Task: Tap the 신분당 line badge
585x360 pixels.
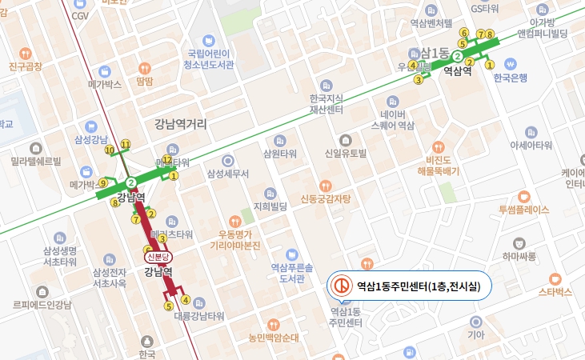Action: [x=157, y=258]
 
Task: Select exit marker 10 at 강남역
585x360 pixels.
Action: [x=109, y=150]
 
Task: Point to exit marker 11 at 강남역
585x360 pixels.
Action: [x=125, y=144]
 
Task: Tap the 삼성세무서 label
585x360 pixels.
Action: [x=228, y=174]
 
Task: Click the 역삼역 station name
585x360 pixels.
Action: [x=457, y=70]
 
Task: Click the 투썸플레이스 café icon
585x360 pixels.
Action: [x=523, y=196]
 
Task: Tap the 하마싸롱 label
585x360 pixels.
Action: [x=519, y=256]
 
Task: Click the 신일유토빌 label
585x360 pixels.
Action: [x=345, y=153]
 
